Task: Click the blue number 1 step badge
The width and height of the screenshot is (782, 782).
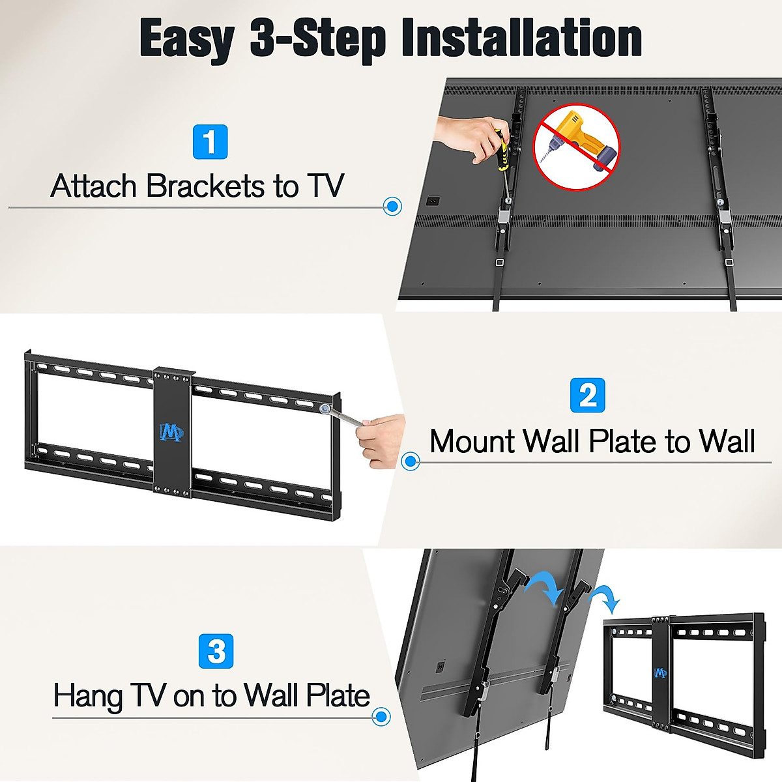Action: [210, 142]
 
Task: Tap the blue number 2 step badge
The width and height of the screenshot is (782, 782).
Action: [587, 395]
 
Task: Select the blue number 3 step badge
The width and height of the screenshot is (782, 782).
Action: [216, 651]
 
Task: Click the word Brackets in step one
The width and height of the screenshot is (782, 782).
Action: [206, 186]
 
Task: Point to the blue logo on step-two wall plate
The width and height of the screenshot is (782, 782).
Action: [172, 432]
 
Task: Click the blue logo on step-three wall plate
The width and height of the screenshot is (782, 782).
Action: [660, 672]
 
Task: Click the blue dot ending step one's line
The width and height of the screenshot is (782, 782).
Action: [392, 207]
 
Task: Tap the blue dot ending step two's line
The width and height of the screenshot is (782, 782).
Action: [410, 462]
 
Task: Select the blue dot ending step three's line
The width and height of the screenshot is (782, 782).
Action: [381, 717]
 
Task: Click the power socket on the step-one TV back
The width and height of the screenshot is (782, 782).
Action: [432, 200]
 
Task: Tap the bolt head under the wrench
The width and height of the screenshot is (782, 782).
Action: [325, 409]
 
